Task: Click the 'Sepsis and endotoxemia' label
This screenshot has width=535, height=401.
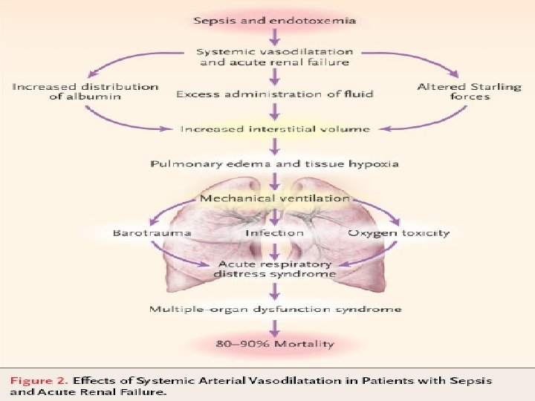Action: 274,20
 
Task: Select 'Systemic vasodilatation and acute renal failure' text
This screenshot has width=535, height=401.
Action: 274,56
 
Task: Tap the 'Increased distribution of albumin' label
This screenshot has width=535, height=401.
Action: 85,92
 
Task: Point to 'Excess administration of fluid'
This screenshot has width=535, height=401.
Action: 274,94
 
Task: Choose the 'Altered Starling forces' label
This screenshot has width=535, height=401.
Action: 469,92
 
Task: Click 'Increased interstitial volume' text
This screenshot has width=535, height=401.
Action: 274,129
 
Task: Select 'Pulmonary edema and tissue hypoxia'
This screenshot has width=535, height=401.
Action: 274,163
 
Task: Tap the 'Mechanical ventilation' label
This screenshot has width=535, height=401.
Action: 274,198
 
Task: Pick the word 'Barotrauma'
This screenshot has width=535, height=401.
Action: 152,232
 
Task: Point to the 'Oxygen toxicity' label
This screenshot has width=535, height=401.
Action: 399,232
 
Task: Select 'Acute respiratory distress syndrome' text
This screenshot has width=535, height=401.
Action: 274,269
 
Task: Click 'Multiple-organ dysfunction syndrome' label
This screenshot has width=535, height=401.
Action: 274,309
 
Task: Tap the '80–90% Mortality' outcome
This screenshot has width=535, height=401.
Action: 274,344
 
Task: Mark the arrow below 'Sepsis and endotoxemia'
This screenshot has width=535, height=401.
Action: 274,36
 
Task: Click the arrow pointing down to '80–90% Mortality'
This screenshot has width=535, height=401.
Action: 274,327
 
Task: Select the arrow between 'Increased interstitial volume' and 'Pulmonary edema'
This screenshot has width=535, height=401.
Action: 274,146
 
